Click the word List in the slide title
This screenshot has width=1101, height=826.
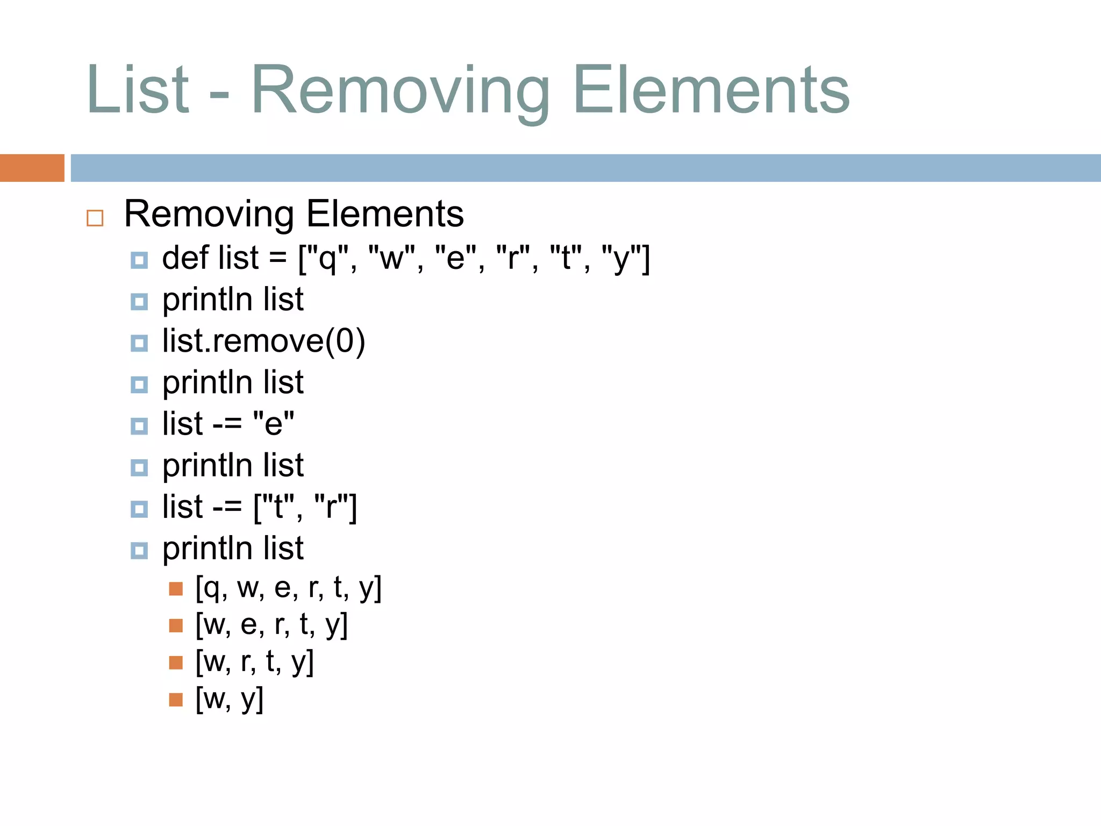[138, 90]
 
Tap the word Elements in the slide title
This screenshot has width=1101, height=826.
[711, 90]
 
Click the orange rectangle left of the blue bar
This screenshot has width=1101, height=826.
[32, 168]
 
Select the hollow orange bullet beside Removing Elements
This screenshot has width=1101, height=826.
[95, 218]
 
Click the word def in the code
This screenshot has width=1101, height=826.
[185, 258]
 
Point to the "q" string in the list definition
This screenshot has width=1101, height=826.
[326, 259]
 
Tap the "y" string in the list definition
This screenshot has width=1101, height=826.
[621, 259]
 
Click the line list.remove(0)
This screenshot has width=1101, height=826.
[263, 341]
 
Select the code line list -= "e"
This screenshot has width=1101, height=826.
[228, 424]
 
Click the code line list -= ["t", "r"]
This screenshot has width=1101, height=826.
[259, 507]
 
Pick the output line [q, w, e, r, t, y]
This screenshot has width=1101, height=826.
[288, 588]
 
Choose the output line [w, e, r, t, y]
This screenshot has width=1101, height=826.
[271, 625]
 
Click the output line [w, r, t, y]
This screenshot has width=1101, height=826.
[254, 662]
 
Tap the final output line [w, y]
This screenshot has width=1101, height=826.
[229, 699]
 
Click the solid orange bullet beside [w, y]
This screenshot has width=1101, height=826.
[176, 700]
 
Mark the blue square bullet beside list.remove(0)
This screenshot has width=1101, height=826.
[139, 343]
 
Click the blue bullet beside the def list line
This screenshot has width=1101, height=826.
[139, 260]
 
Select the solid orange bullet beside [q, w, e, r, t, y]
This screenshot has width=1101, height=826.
[176, 589]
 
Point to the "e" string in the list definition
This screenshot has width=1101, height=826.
[455, 259]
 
